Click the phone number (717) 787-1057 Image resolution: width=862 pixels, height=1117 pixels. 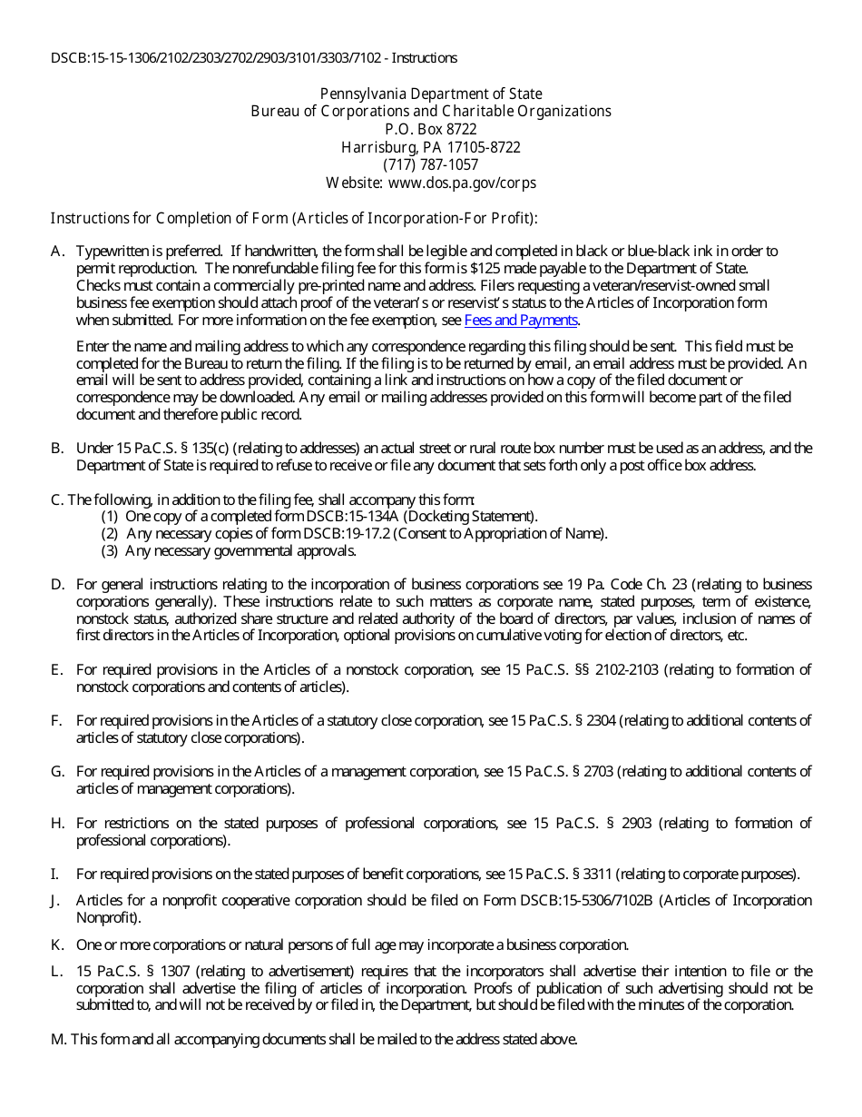click(x=431, y=165)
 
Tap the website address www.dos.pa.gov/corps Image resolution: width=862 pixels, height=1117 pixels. click(x=462, y=183)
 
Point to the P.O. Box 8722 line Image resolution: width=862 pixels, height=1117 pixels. click(x=431, y=129)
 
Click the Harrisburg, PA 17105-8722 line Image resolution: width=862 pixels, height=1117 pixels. click(x=431, y=147)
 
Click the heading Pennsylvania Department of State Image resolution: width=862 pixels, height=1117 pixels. click(x=431, y=94)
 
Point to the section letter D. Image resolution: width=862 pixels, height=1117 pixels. click(x=56, y=585)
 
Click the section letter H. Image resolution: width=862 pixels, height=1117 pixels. click(x=56, y=824)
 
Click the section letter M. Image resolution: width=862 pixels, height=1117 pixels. click(x=57, y=1040)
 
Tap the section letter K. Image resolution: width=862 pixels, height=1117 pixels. click(x=56, y=944)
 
